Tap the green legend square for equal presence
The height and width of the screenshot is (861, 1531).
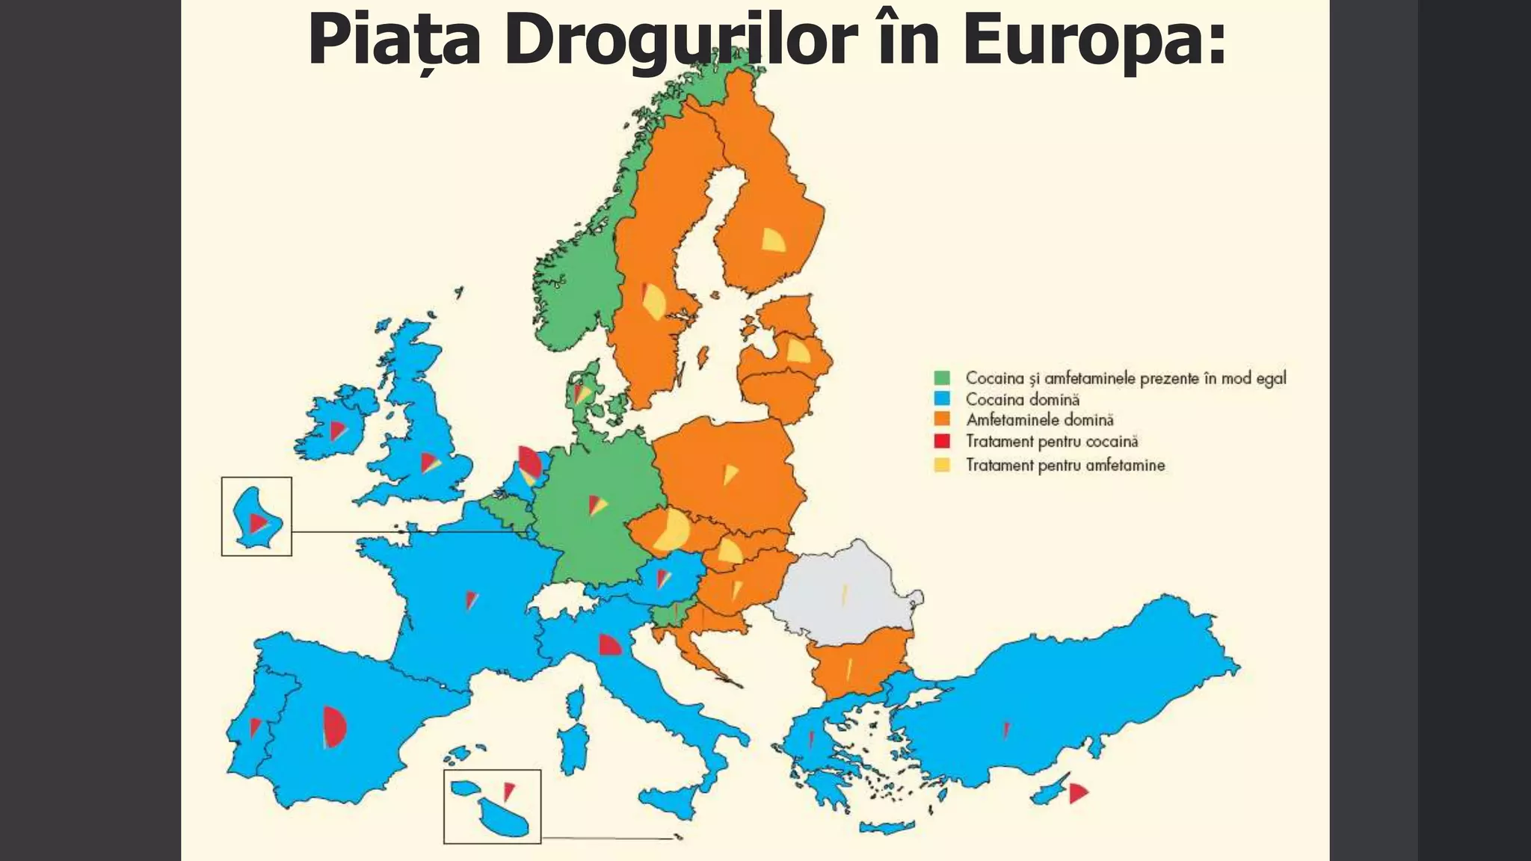(x=942, y=378)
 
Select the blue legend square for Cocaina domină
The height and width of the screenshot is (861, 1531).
(x=942, y=399)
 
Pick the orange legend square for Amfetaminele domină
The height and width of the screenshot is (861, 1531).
(x=942, y=420)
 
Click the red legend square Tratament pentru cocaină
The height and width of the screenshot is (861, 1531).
(x=942, y=441)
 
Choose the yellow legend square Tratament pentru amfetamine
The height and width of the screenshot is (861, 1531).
(x=942, y=465)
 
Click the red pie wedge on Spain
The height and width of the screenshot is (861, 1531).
(x=334, y=726)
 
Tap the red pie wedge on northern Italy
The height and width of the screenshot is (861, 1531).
(x=609, y=645)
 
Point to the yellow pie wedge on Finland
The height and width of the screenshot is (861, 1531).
(x=771, y=240)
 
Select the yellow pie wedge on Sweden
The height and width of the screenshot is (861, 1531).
(x=653, y=302)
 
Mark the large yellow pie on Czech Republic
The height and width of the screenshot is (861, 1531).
(x=672, y=529)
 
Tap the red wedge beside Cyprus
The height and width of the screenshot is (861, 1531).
(x=1076, y=793)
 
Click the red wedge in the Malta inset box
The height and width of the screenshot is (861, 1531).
(x=508, y=790)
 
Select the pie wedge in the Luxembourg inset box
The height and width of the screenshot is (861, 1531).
(x=257, y=522)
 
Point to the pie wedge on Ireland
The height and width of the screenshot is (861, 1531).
(x=337, y=430)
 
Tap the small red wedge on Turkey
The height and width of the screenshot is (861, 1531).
(x=1006, y=730)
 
